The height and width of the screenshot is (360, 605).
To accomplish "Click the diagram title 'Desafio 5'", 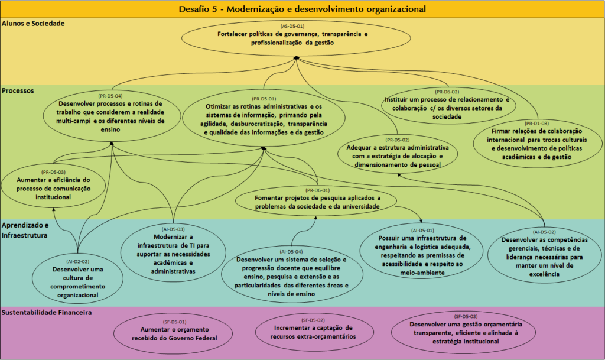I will coord(302,9).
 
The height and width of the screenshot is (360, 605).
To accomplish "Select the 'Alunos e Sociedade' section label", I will coord(33,24).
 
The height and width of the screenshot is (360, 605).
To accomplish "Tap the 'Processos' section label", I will coord(18,91).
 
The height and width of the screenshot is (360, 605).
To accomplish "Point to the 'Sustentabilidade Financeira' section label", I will coord(47,313).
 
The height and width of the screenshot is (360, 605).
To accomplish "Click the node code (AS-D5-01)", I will coord(292,27).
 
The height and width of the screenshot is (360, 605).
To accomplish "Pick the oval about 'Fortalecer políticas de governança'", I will coord(292,38).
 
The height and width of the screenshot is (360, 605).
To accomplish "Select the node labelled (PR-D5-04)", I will coord(111,95).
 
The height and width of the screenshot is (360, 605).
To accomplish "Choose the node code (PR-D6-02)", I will coord(447,92).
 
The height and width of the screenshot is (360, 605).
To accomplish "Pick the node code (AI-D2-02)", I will coord(77,260).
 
